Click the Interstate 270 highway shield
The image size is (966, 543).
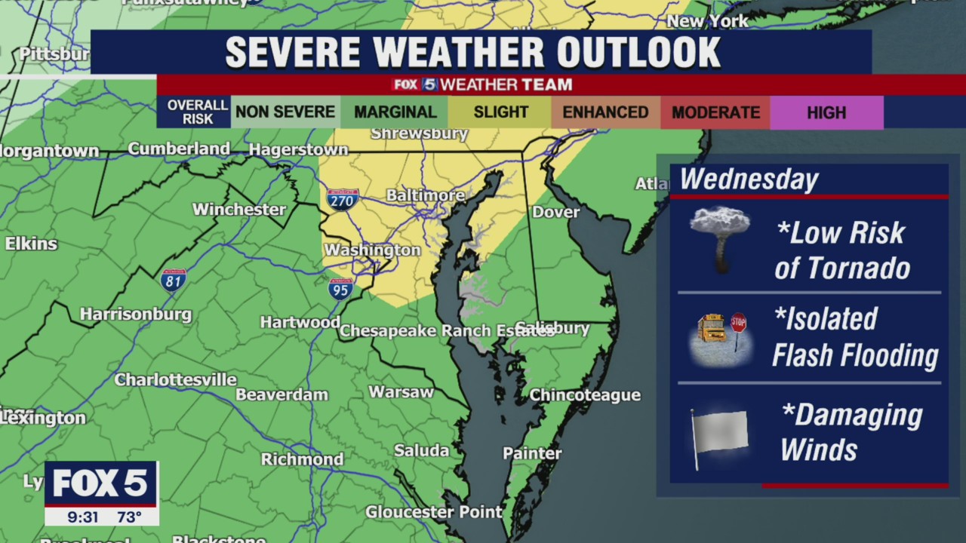(x=343, y=199)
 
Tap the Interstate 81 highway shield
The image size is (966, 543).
(x=174, y=281)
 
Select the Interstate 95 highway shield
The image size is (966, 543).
(x=340, y=288)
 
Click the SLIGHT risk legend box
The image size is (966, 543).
(x=500, y=112)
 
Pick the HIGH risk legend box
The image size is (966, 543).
(x=826, y=112)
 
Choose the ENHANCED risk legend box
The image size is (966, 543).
(x=605, y=112)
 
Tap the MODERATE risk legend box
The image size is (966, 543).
(x=715, y=112)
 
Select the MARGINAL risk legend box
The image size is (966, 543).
(x=395, y=112)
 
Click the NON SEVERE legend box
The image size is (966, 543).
(x=285, y=112)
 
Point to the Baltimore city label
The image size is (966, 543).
(x=426, y=195)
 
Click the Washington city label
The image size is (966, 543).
(x=372, y=250)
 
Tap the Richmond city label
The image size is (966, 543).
(x=302, y=459)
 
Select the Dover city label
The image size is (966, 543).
(x=555, y=212)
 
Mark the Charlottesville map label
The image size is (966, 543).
(x=175, y=379)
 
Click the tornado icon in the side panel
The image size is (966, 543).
(x=720, y=238)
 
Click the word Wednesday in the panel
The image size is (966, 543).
(x=749, y=179)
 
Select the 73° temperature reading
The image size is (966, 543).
(x=129, y=517)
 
